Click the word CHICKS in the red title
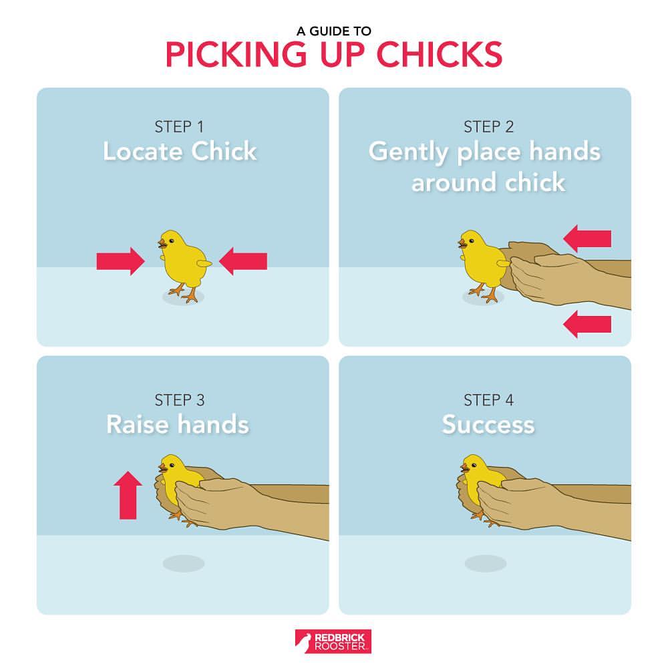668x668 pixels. [x=440, y=54]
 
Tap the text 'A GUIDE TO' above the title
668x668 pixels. [x=334, y=31]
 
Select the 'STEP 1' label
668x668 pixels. [x=179, y=126]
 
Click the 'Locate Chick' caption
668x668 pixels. [x=180, y=151]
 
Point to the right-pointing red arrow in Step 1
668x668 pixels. [x=120, y=261]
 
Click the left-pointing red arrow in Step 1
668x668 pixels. [x=243, y=261]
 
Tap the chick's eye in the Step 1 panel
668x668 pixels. [x=171, y=240]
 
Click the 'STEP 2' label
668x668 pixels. [x=489, y=126]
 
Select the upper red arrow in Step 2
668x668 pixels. [x=587, y=238]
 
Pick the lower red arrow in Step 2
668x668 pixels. [x=587, y=324]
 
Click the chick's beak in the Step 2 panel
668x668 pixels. [x=462, y=244]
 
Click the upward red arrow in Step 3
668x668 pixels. [x=128, y=495]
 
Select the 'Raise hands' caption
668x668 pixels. [x=178, y=424]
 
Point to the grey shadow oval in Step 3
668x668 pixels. [x=184, y=564]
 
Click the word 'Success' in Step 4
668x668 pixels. [x=488, y=425]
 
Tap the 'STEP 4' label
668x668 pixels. [x=489, y=400]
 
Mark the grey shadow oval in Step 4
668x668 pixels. [x=486, y=564]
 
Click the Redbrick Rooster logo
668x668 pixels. [x=333, y=641]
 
